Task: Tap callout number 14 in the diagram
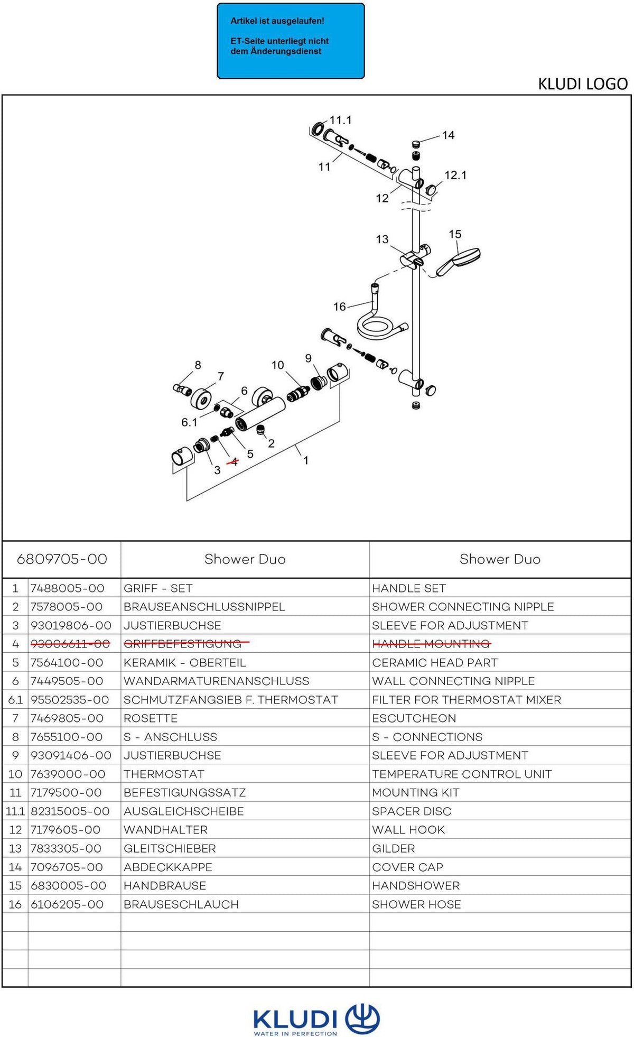click(448, 135)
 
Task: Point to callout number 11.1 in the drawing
click(340, 120)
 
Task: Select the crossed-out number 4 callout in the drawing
click(232, 461)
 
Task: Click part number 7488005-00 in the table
click(68, 588)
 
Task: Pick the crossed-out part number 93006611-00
click(70, 644)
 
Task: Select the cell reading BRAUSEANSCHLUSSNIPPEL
click(204, 607)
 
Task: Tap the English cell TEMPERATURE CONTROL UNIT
click(462, 774)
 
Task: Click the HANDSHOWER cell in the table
click(416, 885)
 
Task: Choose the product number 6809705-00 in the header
click(62, 559)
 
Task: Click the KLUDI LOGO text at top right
click(583, 84)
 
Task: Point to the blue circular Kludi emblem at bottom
click(362, 1017)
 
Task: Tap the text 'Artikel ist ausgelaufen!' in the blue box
click(277, 21)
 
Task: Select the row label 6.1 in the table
click(15, 700)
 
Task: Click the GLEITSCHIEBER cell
click(170, 848)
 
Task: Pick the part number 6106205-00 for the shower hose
click(67, 904)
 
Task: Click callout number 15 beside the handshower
click(455, 234)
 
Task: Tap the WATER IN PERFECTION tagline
click(295, 1033)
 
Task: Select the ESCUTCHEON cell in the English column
click(414, 718)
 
